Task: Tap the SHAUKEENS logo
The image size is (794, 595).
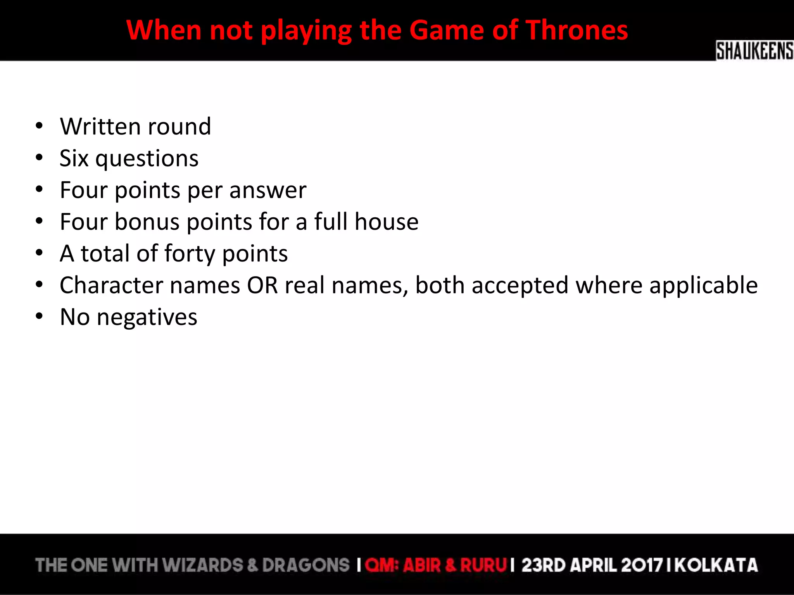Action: click(754, 51)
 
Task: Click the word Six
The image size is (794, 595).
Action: click(74, 158)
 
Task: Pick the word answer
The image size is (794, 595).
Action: click(268, 191)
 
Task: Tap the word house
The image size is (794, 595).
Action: click(386, 222)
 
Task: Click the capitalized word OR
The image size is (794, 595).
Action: click(262, 285)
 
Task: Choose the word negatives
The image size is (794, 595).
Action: click(147, 318)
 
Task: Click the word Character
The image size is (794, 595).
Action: click(111, 285)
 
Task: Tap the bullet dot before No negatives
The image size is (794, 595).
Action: click(39, 316)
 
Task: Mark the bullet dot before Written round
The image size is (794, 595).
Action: click(39, 126)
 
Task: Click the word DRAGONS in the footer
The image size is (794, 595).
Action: click(306, 565)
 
